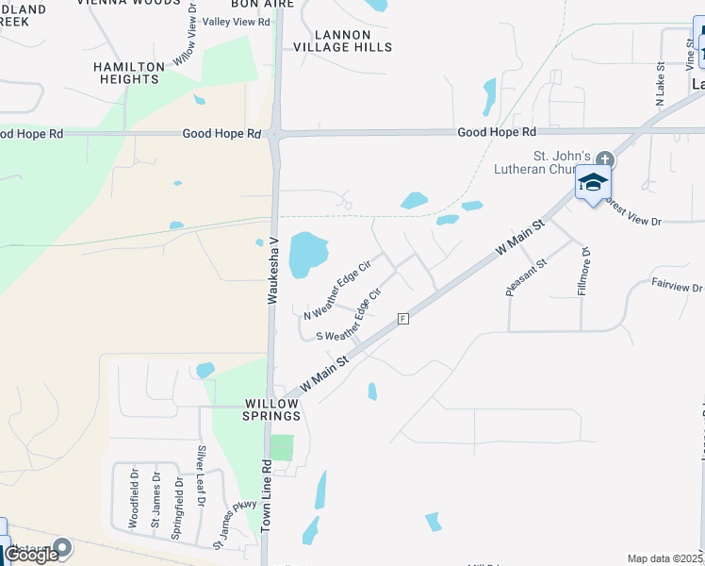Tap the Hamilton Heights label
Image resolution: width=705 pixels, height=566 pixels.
tap(128, 73)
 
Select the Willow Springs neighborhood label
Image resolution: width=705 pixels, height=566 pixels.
tap(271, 408)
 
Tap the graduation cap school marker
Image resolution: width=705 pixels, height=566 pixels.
tap(594, 181)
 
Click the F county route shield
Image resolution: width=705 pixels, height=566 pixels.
tap(402, 319)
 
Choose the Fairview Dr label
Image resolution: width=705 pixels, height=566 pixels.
tap(677, 285)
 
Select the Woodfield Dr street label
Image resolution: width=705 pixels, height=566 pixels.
tap(134, 497)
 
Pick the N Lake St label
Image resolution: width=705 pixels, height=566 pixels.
tap(660, 82)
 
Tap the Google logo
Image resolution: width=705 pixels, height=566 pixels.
tap(31, 555)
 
